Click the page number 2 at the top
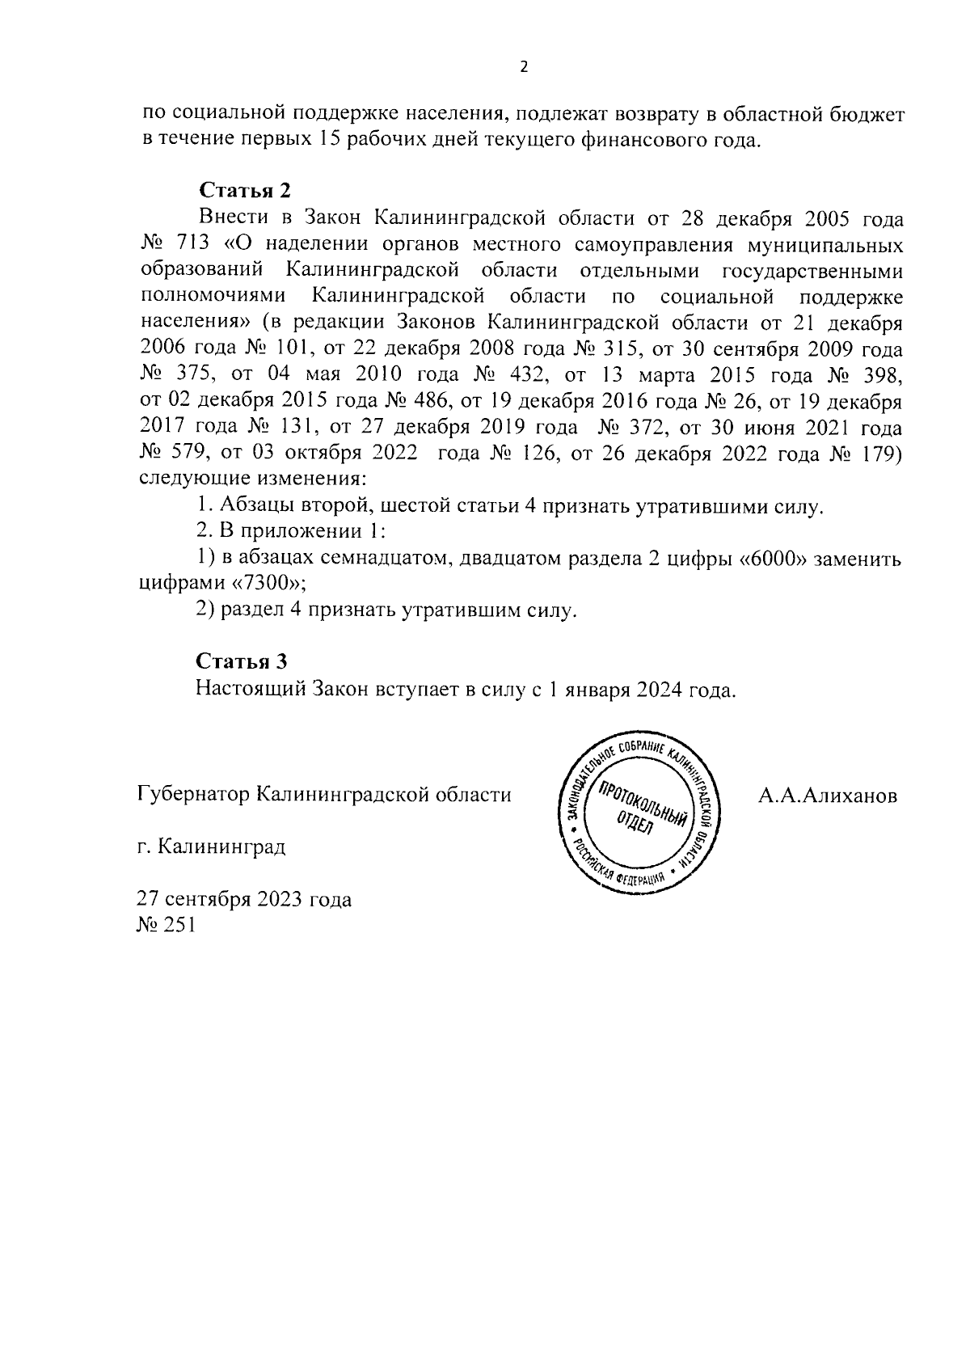[523, 67]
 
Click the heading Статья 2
[243, 191]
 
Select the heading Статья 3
[242, 661]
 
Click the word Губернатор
[192, 795]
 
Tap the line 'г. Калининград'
[210, 847]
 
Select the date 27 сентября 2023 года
[245, 900]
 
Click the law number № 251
[167, 926]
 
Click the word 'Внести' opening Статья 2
[230, 218]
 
